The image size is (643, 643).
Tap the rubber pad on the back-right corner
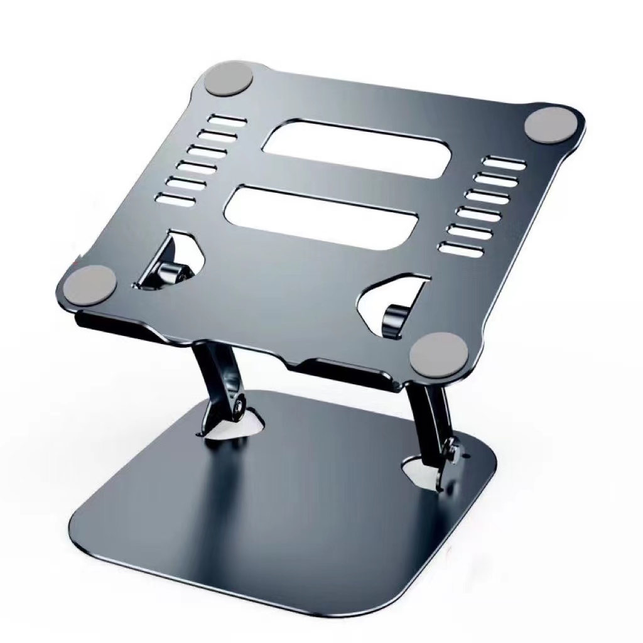544,125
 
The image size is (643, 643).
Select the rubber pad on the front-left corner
92,284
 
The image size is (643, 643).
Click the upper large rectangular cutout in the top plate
355,149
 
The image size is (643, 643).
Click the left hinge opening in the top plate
171,261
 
